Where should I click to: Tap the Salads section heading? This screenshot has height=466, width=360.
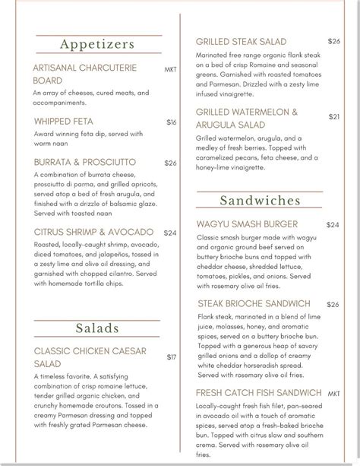pos(97,328)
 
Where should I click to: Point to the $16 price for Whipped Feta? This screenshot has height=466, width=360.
pos(172,122)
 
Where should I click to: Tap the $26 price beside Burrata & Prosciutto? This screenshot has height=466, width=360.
pos(170,163)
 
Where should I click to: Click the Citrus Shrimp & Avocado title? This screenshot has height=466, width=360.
pos(93,232)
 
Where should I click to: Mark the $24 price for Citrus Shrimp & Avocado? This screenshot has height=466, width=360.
pos(170,233)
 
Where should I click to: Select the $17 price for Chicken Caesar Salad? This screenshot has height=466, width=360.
pos(172,357)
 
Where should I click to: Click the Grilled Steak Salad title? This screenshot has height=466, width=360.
pos(241,41)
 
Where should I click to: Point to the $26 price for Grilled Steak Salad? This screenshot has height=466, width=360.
pos(334,41)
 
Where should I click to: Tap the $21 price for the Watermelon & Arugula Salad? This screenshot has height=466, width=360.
pos(334,116)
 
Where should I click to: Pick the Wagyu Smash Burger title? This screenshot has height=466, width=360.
pos(247,224)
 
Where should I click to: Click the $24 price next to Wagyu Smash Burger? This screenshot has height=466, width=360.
pos(333,225)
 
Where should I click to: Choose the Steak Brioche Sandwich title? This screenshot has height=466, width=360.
pos(253,303)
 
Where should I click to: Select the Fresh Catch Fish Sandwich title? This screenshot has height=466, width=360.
pos(257,393)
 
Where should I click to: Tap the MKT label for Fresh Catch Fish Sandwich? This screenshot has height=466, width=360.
pos(334,394)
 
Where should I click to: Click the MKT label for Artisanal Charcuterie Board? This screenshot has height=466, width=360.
pos(170,69)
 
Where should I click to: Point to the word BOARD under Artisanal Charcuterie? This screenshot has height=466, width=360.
pos(48,80)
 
